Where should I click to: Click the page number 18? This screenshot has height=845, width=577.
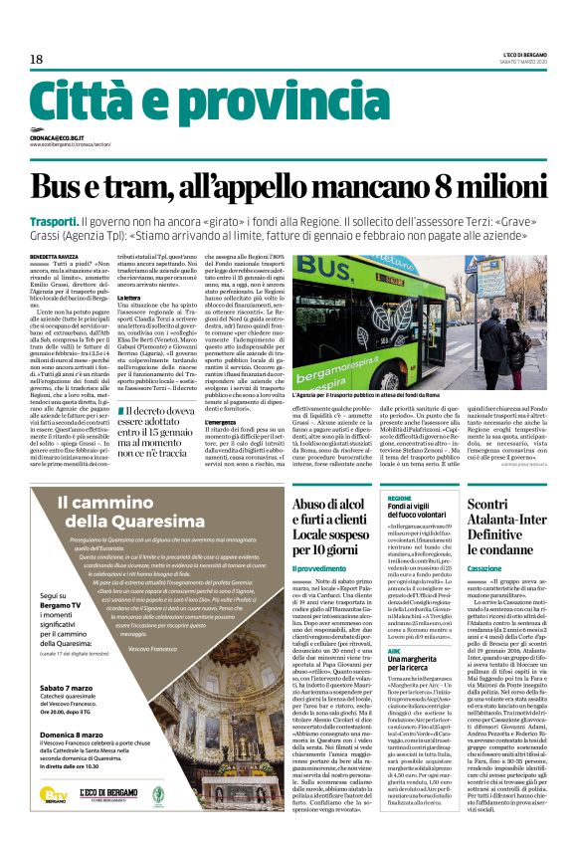(36, 60)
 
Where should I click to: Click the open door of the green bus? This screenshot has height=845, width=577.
(438, 318)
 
